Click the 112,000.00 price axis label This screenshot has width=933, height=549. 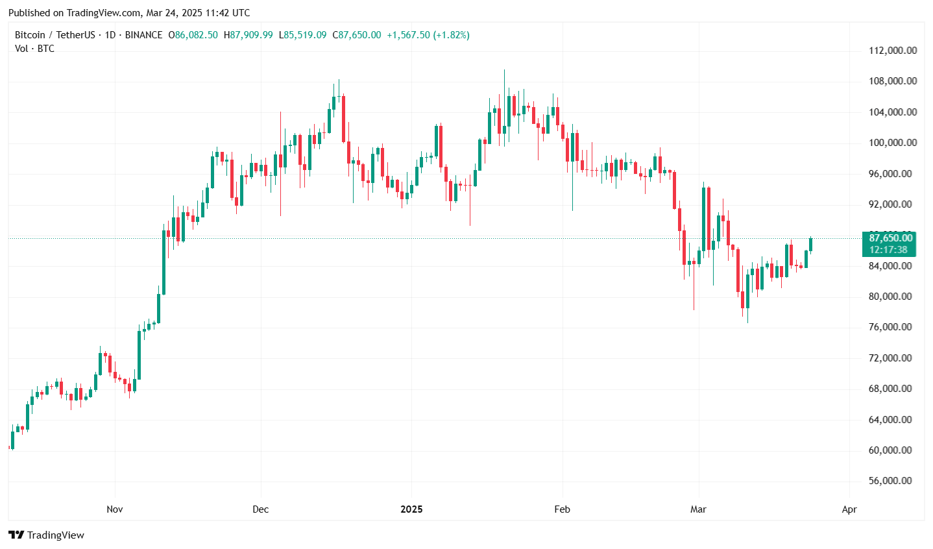click(x=893, y=51)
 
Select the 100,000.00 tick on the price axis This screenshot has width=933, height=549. click(x=893, y=143)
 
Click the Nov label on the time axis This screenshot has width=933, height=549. click(x=115, y=509)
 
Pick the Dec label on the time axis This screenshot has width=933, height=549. click(x=260, y=509)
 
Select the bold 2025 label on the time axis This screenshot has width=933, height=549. click(x=411, y=509)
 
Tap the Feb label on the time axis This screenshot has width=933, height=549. click(x=563, y=509)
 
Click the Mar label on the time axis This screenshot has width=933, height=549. click(x=698, y=509)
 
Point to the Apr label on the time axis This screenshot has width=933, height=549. click(x=849, y=509)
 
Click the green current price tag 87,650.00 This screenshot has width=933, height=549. click(x=891, y=238)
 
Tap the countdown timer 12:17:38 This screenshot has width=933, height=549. click(x=889, y=250)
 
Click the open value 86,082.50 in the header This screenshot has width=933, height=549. click(x=197, y=35)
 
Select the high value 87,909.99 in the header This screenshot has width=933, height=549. click(x=252, y=35)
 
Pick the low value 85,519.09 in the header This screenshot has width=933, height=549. click(x=306, y=35)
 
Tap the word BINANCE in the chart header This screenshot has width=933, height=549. click(x=144, y=35)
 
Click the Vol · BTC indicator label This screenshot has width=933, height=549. click(x=34, y=49)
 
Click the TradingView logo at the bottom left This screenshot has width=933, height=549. click(x=47, y=535)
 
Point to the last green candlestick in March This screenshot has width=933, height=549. click(x=810, y=244)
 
